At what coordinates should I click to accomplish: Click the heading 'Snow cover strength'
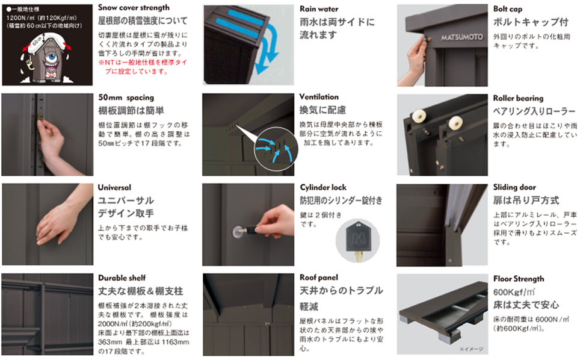click(x=134, y=8)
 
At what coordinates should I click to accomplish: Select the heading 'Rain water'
click(x=319, y=9)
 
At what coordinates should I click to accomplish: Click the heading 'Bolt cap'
click(x=508, y=9)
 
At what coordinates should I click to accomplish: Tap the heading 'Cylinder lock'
click(x=323, y=187)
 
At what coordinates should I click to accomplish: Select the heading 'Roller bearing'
click(x=518, y=98)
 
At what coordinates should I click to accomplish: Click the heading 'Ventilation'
click(x=319, y=97)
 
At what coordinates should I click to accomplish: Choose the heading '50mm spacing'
click(x=126, y=98)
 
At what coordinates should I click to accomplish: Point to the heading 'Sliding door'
click(x=514, y=187)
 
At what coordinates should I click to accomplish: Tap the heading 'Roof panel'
click(x=319, y=278)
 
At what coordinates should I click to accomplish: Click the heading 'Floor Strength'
click(x=519, y=279)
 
